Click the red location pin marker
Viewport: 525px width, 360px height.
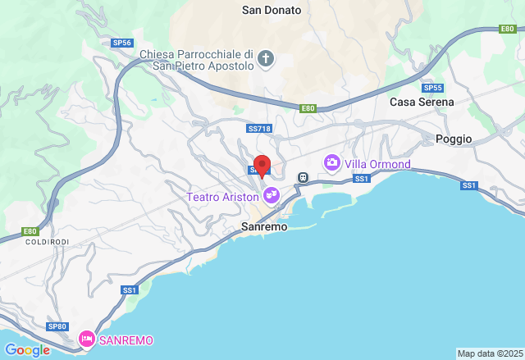coord(262,164)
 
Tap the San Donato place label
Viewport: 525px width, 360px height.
coord(272,11)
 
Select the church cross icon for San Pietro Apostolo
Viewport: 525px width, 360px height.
coord(265,58)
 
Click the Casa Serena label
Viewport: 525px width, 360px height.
coord(422,102)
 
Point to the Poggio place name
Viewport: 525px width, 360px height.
coord(454,139)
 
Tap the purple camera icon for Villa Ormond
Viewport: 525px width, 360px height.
coord(331,162)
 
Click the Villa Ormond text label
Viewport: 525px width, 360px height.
coord(377,164)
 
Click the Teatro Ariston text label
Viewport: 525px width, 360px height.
coord(222,197)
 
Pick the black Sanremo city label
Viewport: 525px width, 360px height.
coord(265,226)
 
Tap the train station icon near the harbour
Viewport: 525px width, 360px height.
coord(302,176)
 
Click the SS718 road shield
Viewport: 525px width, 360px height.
coord(258,129)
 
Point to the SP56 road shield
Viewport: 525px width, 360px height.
coord(121,42)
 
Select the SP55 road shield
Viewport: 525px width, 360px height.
coord(432,88)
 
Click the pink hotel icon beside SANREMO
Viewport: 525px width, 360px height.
coord(86,339)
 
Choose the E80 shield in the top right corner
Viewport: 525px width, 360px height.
coord(507,29)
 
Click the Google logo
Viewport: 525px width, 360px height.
coord(26,350)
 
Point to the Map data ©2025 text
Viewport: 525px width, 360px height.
coord(490,353)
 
